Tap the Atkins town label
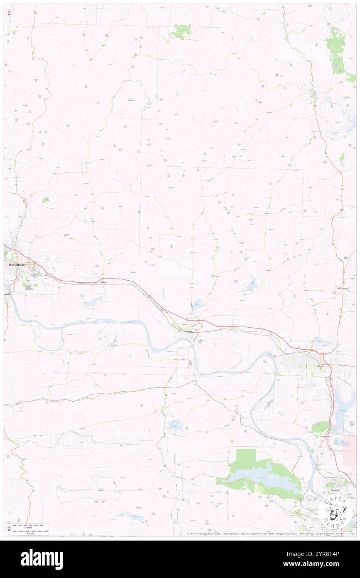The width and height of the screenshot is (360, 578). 103,282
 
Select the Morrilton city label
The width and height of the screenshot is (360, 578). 186,331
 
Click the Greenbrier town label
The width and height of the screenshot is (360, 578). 343,288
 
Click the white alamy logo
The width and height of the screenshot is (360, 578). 42,559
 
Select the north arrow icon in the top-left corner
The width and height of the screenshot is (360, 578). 9,12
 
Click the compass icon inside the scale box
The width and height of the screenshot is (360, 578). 10,529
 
